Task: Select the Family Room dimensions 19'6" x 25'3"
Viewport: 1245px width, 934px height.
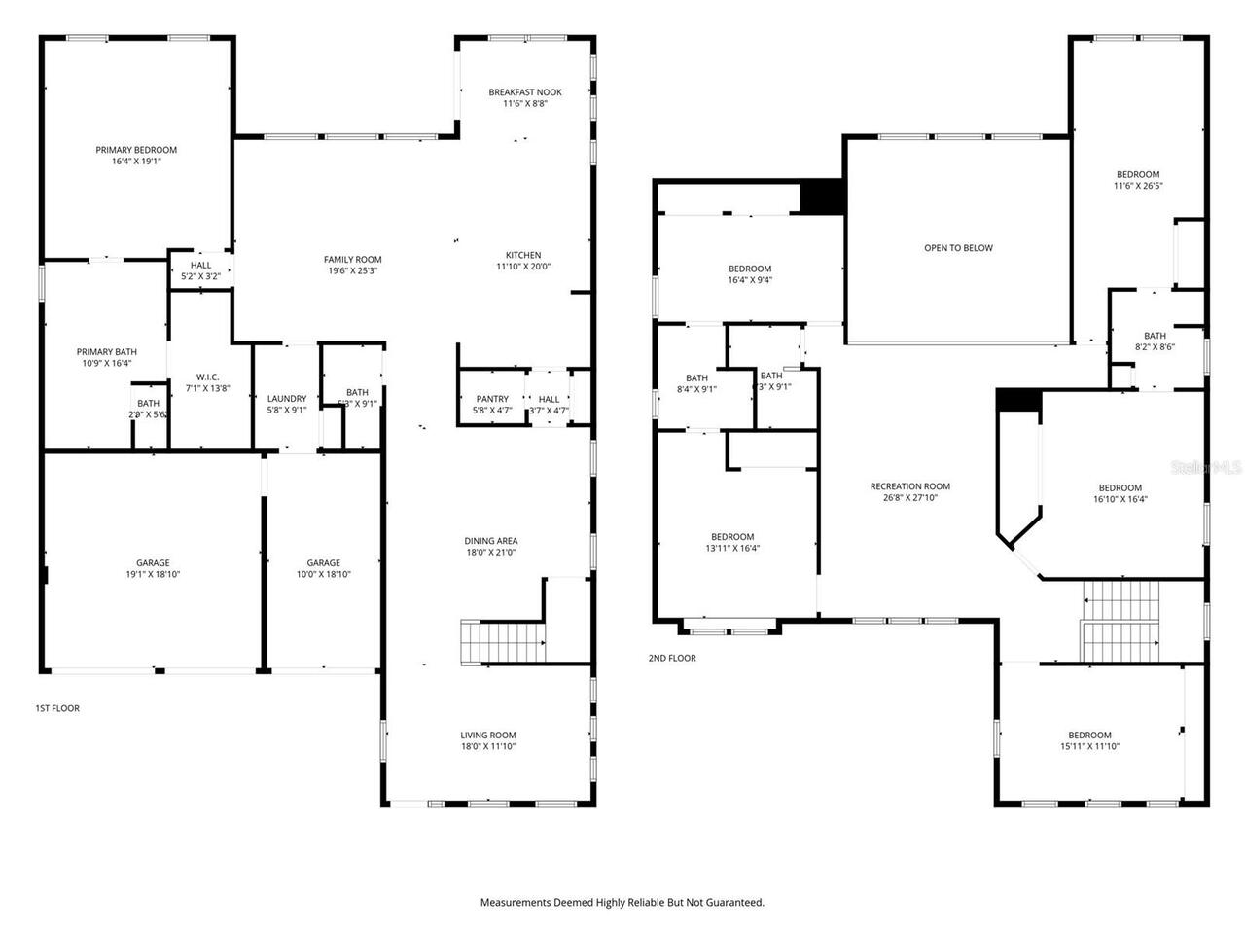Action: pos(352,271)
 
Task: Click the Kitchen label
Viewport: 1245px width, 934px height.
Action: pos(523,255)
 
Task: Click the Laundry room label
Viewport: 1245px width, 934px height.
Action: pos(287,398)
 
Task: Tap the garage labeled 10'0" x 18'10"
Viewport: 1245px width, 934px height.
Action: pos(324,568)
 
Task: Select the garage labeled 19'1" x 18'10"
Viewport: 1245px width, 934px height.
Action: pos(153,568)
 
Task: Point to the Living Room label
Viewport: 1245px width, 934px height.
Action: pos(488,736)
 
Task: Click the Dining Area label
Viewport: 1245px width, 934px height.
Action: pos(490,541)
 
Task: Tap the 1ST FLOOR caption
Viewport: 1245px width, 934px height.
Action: pos(57,708)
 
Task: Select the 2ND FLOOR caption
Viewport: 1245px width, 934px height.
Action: pos(672,658)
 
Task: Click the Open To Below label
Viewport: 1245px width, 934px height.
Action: pos(958,248)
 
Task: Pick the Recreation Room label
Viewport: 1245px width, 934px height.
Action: pos(909,486)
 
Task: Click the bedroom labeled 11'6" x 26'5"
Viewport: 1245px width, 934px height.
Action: pos(1138,180)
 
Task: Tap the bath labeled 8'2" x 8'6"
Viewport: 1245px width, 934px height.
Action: pos(1155,341)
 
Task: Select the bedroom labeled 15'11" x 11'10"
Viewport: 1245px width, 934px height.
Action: pos(1089,740)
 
